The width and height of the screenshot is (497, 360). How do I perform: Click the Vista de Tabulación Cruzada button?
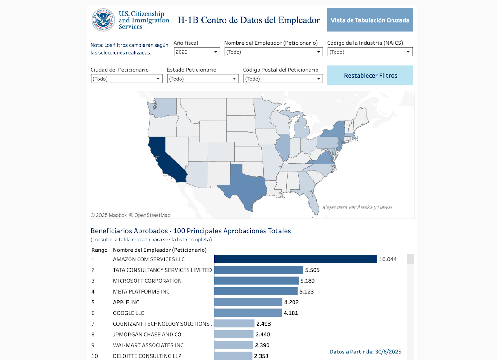(370, 20)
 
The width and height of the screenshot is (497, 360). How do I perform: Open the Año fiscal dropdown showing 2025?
(197, 52)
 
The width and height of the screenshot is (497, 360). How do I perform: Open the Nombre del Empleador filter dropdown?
(273, 52)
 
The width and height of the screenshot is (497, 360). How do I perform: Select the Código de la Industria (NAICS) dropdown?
(370, 52)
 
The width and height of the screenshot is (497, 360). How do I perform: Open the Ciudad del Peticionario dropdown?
(126, 79)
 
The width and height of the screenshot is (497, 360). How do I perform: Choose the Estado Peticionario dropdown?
(203, 79)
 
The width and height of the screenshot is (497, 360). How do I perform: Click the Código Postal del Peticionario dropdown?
(283, 79)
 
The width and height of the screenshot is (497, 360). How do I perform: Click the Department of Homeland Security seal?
(103, 20)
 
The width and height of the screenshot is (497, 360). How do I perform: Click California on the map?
(165, 158)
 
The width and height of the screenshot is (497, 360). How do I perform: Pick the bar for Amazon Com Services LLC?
(295, 259)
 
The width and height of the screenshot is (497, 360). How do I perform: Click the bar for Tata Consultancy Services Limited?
(258, 270)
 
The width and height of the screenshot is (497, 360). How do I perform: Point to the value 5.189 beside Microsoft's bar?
(307, 281)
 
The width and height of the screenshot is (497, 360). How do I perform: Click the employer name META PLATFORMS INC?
(141, 292)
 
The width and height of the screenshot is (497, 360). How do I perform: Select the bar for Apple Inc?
(248, 302)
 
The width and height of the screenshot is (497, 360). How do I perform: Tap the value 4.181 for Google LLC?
(291, 313)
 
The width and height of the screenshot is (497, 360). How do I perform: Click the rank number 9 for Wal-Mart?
(93, 345)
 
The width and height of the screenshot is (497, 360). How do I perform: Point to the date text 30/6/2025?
(388, 352)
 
